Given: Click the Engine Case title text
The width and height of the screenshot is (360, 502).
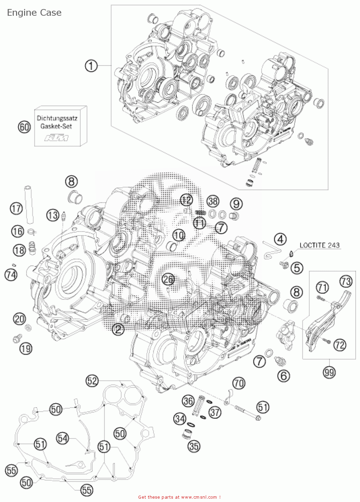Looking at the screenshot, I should point(34,13).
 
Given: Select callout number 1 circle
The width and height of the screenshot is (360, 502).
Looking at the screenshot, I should point(91,66).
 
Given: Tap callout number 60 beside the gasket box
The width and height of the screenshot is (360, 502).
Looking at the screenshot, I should point(24,127).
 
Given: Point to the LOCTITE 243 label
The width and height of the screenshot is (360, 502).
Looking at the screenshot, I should point(319,245).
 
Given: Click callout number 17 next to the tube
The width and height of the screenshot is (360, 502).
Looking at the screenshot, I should point(16,208).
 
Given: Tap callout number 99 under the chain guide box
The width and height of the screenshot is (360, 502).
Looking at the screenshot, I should point(329,372).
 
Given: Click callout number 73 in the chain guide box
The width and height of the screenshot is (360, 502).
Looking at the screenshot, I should point(346,281).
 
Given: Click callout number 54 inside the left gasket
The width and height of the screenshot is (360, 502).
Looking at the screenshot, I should point(63,438).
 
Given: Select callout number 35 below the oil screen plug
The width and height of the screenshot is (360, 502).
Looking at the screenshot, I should point(194,446).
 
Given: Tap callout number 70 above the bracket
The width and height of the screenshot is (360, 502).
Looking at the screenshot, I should point(239,383).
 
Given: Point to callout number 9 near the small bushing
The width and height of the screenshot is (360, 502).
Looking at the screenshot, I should point(236,203).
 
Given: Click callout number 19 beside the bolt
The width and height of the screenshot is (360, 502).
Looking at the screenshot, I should point(26,349).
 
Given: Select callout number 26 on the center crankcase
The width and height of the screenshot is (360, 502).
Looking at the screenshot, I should point(168,279).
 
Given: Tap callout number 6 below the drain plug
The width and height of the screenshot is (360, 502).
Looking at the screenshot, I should point(283,375).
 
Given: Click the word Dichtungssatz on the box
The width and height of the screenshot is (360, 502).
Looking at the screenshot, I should point(57,118).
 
